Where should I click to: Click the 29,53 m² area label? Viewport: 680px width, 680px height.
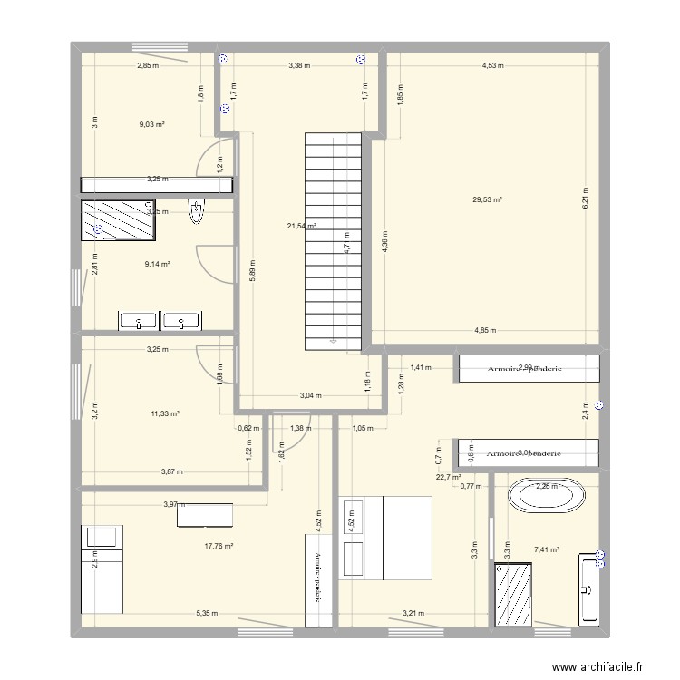pyautogui.click(x=487, y=199)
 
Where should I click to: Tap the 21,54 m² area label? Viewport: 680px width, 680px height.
pyautogui.click(x=300, y=226)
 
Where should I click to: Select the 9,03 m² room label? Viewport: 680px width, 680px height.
pyautogui.click(x=151, y=124)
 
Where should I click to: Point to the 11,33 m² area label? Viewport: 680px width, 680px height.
pyautogui.click(x=165, y=413)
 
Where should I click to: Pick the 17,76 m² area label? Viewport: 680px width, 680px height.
pyautogui.click(x=219, y=546)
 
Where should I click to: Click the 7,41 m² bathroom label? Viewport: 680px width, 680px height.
pyautogui.click(x=547, y=549)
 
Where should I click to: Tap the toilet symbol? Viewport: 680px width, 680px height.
pyautogui.click(x=197, y=211)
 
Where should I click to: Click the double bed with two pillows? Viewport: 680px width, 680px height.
pyautogui.click(x=385, y=537)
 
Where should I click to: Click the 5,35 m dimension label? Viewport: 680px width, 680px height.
pyautogui.click(x=207, y=614)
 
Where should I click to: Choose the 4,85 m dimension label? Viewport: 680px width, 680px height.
pyautogui.click(x=487, y=331)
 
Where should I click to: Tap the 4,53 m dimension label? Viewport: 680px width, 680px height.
pyautogui.click(x=492, y=65)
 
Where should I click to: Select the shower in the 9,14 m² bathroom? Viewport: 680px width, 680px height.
pyautogui.click(x=118, y=220)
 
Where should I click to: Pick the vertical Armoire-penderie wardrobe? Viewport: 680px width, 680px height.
pyautogui.click(x=318, y=580)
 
